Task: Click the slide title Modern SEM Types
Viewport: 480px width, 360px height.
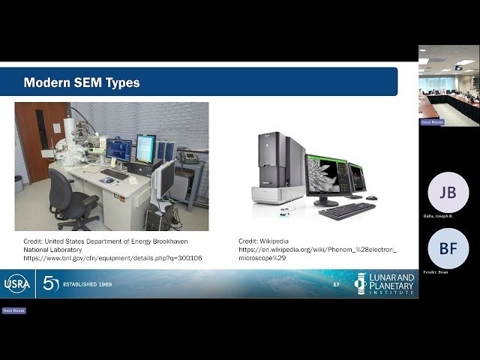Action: tap(82, 82)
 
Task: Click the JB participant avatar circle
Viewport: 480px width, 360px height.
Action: tap(448, 192)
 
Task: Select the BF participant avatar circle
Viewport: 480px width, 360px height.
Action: tap(448, 248)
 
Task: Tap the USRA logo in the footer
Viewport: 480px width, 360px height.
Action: tap(17, 283)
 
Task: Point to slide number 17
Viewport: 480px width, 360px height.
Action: tap(336, 285)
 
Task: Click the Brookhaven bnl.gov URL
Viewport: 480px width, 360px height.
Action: tap(112, 258)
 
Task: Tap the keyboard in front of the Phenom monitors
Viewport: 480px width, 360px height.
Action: tap(346, 211)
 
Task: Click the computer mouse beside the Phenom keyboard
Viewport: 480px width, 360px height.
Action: tap(371, 198)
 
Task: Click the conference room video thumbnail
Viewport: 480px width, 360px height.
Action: tap(448, 85)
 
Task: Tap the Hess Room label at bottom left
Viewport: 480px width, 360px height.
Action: tap(13, 310)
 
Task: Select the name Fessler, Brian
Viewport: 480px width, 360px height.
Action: tap(437, 272)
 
